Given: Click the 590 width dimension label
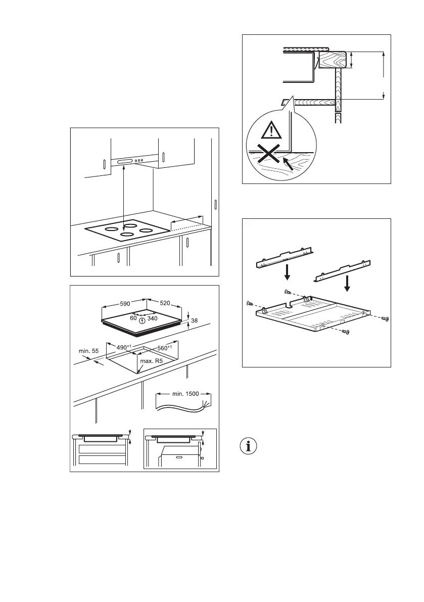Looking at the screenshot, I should click(125, 304).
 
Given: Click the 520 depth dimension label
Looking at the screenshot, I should click(165, 304).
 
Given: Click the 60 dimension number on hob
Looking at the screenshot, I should click(133, 318).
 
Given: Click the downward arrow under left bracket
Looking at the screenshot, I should click(287, 273).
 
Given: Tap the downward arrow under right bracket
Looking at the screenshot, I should click(347, 284).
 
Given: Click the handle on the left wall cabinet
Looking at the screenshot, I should click(104, 165).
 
